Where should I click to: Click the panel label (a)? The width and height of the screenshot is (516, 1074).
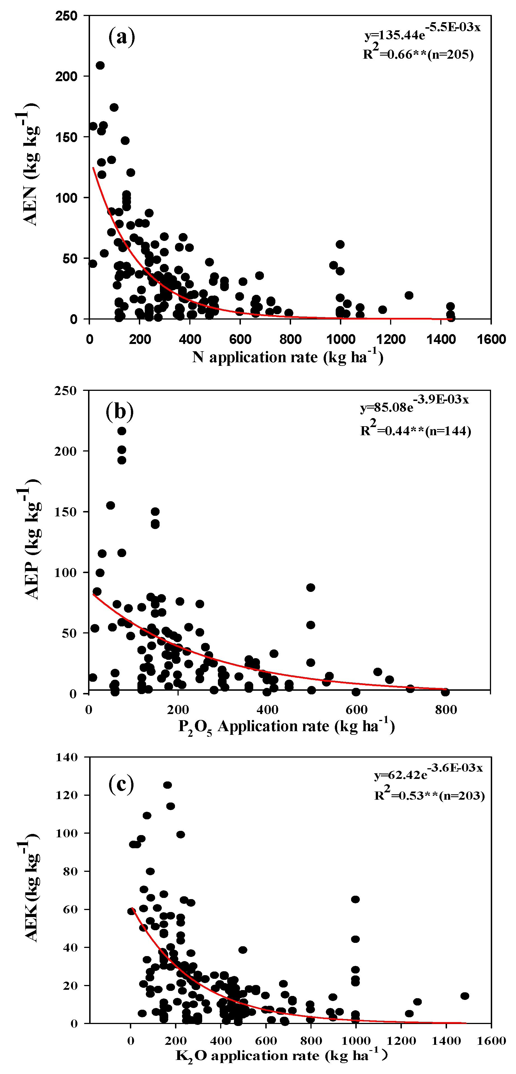122,37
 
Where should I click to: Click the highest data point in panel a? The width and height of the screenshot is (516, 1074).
100,65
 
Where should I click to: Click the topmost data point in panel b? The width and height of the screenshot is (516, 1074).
122,431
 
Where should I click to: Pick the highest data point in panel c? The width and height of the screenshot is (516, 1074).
167,785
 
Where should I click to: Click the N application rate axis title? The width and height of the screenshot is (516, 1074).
287,357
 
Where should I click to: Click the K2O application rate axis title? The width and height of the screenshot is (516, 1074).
282,1055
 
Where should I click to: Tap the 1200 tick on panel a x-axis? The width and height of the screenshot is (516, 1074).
391,339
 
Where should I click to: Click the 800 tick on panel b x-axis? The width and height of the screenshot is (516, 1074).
446,709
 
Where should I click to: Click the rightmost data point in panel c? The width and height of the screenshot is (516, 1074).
465,996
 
